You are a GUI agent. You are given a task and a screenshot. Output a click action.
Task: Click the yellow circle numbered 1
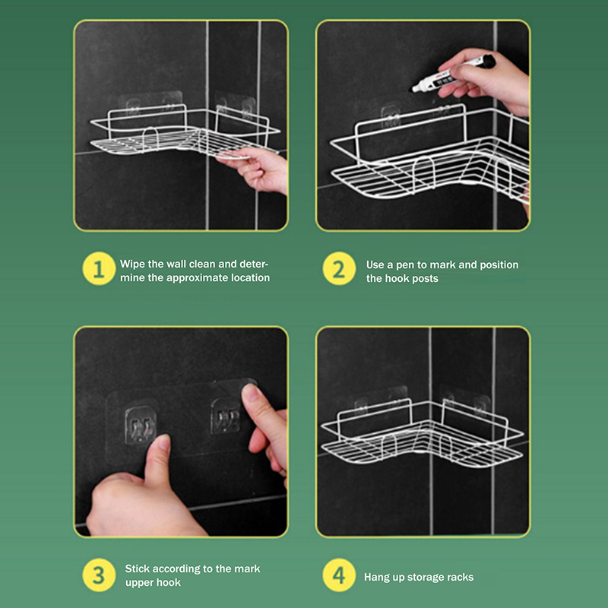pyautogui.click(x=99, y=269)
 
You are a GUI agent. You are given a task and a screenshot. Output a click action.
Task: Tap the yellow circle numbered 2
pyautogui.click(x=339, y=269)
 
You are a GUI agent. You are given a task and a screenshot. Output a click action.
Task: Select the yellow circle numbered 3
pyautogui.click(x=99, y=575)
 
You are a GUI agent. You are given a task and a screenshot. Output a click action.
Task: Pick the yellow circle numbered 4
pyautogui.click(x=339, y=575)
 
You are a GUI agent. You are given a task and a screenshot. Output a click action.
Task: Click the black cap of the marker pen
pyautogui.click(x=487, y=61)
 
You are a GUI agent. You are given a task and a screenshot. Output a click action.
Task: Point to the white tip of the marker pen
pyautogui.click(x=413, y=89)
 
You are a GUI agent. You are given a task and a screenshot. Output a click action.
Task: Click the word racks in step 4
pyautogui.click(x=461, y=578)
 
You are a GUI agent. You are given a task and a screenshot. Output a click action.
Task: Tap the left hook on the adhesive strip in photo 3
pyautogui.click(x=141, y=425)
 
